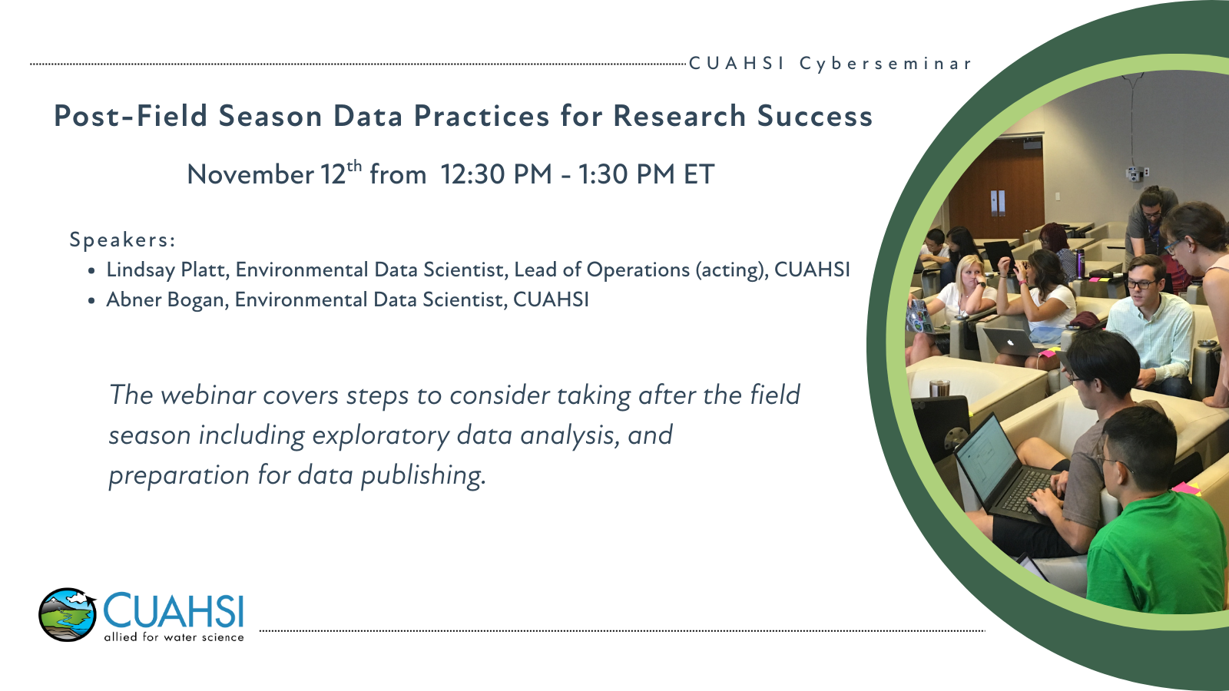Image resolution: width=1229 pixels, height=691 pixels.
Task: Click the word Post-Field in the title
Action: (131, 116)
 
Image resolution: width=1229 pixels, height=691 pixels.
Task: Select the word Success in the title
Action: (815, 116)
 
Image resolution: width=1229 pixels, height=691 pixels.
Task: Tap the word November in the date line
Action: (250, 174)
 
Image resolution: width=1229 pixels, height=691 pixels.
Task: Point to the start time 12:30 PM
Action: (496, 174)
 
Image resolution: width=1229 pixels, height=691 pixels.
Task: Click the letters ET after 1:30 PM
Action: (698, 174)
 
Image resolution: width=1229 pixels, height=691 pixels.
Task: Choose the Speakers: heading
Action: (122, 240)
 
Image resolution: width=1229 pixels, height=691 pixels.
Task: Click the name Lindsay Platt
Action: (167, 269)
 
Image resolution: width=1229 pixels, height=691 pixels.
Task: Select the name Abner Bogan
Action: (167, 300)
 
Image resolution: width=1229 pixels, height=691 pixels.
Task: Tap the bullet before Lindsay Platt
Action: (91, 271)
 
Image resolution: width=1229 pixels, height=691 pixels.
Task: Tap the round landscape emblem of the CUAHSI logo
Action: (68, 615)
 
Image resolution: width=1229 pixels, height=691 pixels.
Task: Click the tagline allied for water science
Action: (174, 637)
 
